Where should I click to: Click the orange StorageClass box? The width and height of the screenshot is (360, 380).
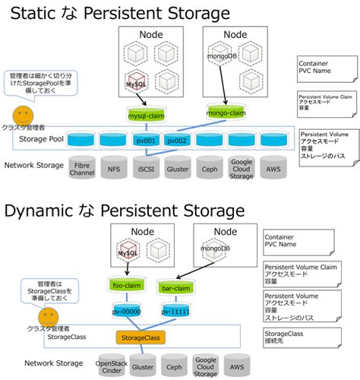(x=140, y=336)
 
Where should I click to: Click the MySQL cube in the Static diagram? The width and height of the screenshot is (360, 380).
(x=136, y=82)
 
